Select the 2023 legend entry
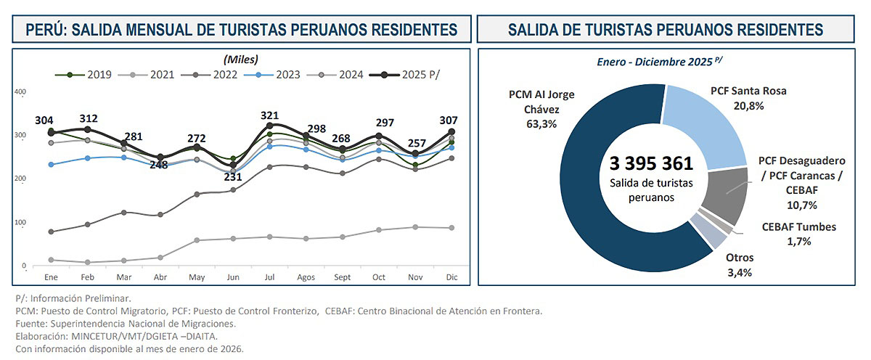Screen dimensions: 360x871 pyautogui.click(x=266, y=74)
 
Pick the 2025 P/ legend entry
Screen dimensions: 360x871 pyautogui.click(x=414, y=74)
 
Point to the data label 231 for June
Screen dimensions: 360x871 pyautogui.click(x=232, y=176)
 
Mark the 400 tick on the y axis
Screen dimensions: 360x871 pyautogui.click(x=20, y=92)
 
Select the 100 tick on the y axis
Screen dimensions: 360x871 pyautogui.click(x=20, y=223)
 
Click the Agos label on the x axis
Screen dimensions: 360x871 pyautogui.click(x=305, y=278)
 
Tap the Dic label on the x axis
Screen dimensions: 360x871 pyautogui.click(x=451, y=278)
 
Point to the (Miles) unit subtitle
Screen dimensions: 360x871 pyautogui.click(x=241, y=59)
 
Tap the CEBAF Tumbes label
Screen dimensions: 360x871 pyautogui.click(x=798, y=226)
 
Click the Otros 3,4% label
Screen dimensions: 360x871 pyautogui.click(x=740, y=265)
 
